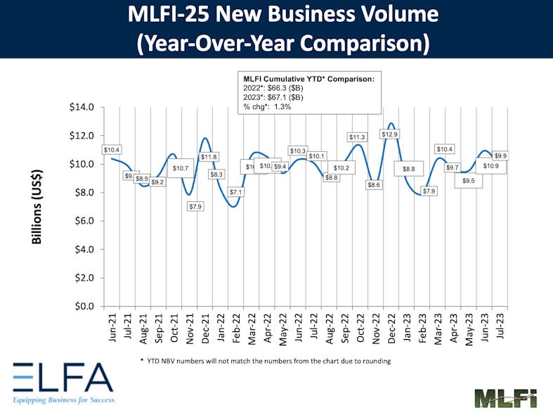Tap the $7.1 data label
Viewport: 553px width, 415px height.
(235, 192)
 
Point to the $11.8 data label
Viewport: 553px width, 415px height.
(209, 156)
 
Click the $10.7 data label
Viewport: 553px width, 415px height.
(181, 168)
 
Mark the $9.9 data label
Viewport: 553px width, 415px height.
(501, 155)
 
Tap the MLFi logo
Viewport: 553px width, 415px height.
(505, 397)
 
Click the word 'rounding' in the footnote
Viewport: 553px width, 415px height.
(374, 361)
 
